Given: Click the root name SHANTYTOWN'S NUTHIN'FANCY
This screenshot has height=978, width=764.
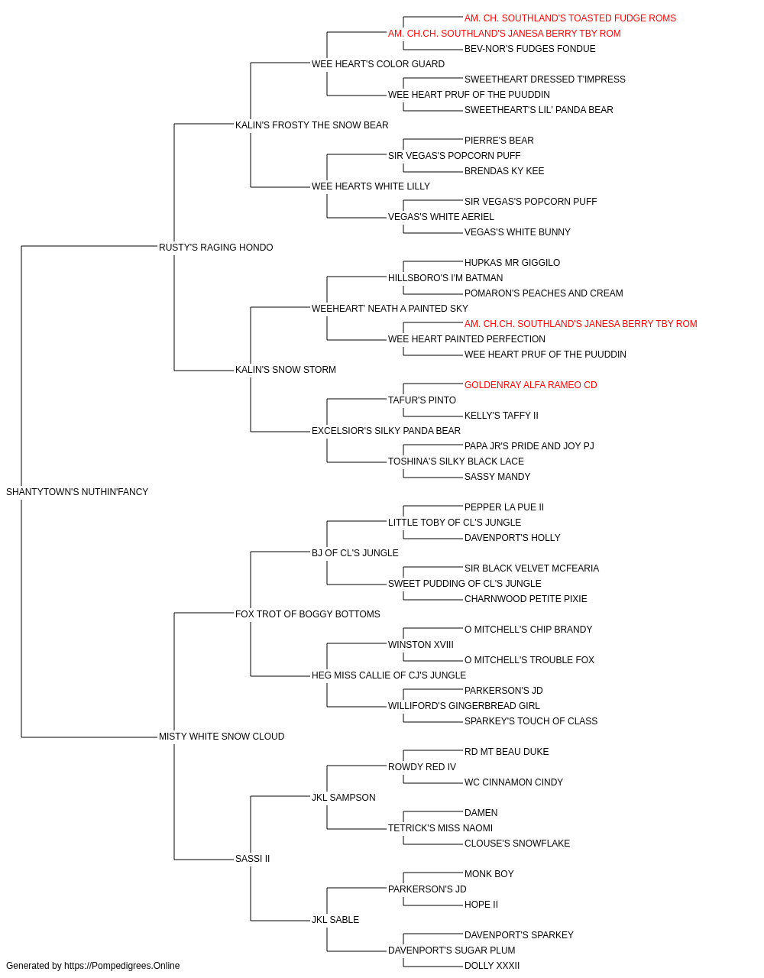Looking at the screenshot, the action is pyautogui.click(x=77, y=492).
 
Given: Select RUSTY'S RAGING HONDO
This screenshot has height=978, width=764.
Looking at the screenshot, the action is pyautogui.click(x=215, y=248).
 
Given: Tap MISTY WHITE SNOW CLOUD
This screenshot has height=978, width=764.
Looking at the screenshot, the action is pyautogui.click(x=222, y=737).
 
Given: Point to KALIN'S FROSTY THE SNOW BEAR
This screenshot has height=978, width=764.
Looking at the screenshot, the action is pyautogui.click(x=312, y=125).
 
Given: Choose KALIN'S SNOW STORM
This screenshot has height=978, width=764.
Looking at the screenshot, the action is pyautogui.click(x=285, y=370).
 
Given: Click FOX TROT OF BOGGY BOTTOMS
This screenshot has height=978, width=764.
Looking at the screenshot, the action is pyautogui.click(x=307, y=614).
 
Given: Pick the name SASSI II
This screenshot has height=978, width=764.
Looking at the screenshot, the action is pyautogui.click(x=252, y=859).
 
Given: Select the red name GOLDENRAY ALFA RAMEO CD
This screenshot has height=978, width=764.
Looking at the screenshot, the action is pyautogui.click(x=530, y=385).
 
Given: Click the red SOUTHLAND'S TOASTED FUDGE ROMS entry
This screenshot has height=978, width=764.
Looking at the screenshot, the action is pyautogui.click(x=570, y=18).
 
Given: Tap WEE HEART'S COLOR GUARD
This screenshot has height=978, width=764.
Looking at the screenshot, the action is pyautogui.click(x=378, y=64).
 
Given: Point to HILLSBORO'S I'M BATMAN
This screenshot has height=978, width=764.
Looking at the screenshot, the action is pyautogui.click(x=445, y=277).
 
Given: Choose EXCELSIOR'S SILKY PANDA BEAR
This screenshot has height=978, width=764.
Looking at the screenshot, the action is pyautogui.click(x=386, y=431).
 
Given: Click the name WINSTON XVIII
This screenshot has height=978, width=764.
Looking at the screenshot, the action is pyautogui.click(x=421, y=645).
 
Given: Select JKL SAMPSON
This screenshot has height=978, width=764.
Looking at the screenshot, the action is pyautogui.click(x=343, y=798).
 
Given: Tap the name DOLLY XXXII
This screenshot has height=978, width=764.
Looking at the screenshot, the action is pyautogui.click(x=492, y=966).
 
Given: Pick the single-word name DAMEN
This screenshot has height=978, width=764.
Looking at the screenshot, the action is pyautogui.click(x=481, y=813).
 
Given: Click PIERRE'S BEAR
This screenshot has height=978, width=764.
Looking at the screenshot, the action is pyautogui.click(x=499, y=141).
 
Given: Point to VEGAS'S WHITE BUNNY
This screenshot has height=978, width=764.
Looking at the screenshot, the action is pyautogui.click(x=517, y=232).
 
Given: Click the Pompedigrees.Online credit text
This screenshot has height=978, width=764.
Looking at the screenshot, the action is pyautogui.click(x=92, y=966).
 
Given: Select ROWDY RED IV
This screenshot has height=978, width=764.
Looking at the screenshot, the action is pyautogui.click(x=422, y=767).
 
